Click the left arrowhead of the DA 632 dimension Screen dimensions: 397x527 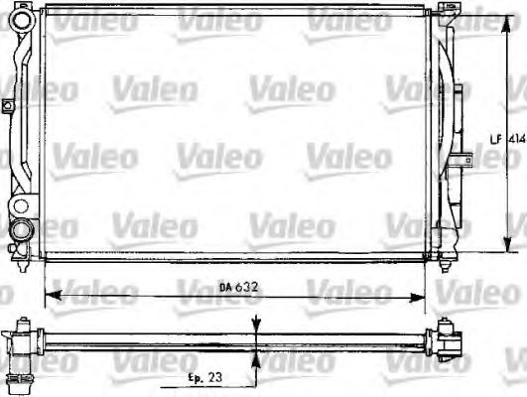click(x=53, y=295)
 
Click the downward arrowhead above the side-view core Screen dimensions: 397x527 click(x=258, y=331)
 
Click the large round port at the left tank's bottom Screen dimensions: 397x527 click(x=21, y=231)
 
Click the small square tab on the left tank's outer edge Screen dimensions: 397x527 click(x=5, y=103)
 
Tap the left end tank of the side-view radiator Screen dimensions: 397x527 click(x=22, y=342)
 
